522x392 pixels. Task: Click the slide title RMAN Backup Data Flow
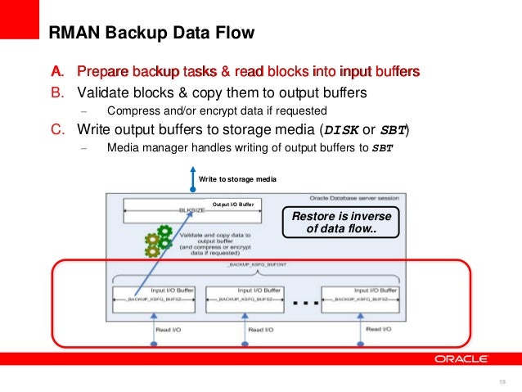152,34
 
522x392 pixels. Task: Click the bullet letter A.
58,72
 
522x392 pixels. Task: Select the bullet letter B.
58,92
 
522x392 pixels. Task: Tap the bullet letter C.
58,129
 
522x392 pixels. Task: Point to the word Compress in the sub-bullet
131,110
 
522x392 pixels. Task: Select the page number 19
502,382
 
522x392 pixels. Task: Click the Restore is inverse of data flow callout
341,222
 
